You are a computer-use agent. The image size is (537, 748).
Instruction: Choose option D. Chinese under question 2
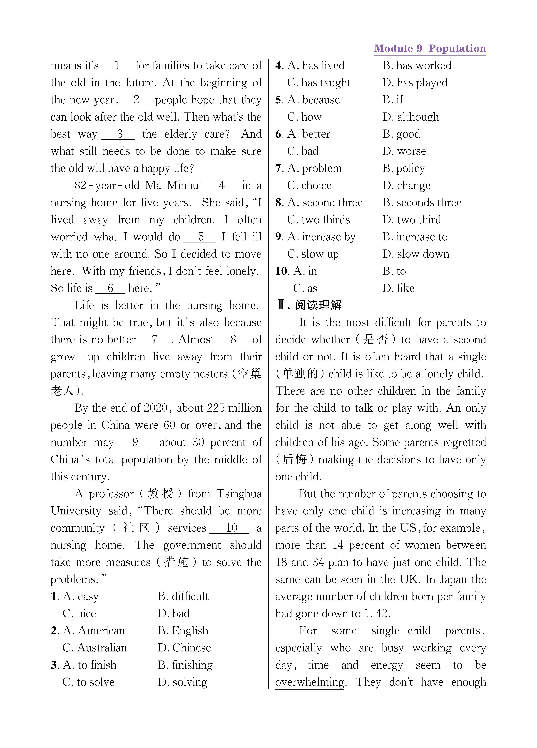point(184,648)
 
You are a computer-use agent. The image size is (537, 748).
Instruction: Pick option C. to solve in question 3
point(88,682)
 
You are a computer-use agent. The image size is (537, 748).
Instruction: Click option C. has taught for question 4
point(319,82)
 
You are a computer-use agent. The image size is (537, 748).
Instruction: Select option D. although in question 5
point(411,117)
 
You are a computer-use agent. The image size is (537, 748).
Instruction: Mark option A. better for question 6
point(309,134)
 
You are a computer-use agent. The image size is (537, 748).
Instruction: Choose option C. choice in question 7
point(309,185)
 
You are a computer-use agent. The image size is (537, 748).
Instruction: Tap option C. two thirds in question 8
point(318,220)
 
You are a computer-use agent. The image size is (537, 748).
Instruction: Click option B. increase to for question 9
point(415,237)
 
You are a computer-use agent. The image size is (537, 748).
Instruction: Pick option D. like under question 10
point(398,288)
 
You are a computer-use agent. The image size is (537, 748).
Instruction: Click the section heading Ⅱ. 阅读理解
point(309,305)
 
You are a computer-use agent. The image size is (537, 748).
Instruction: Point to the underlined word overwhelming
point(309,682)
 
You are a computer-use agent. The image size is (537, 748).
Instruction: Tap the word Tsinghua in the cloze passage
point(239,494)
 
